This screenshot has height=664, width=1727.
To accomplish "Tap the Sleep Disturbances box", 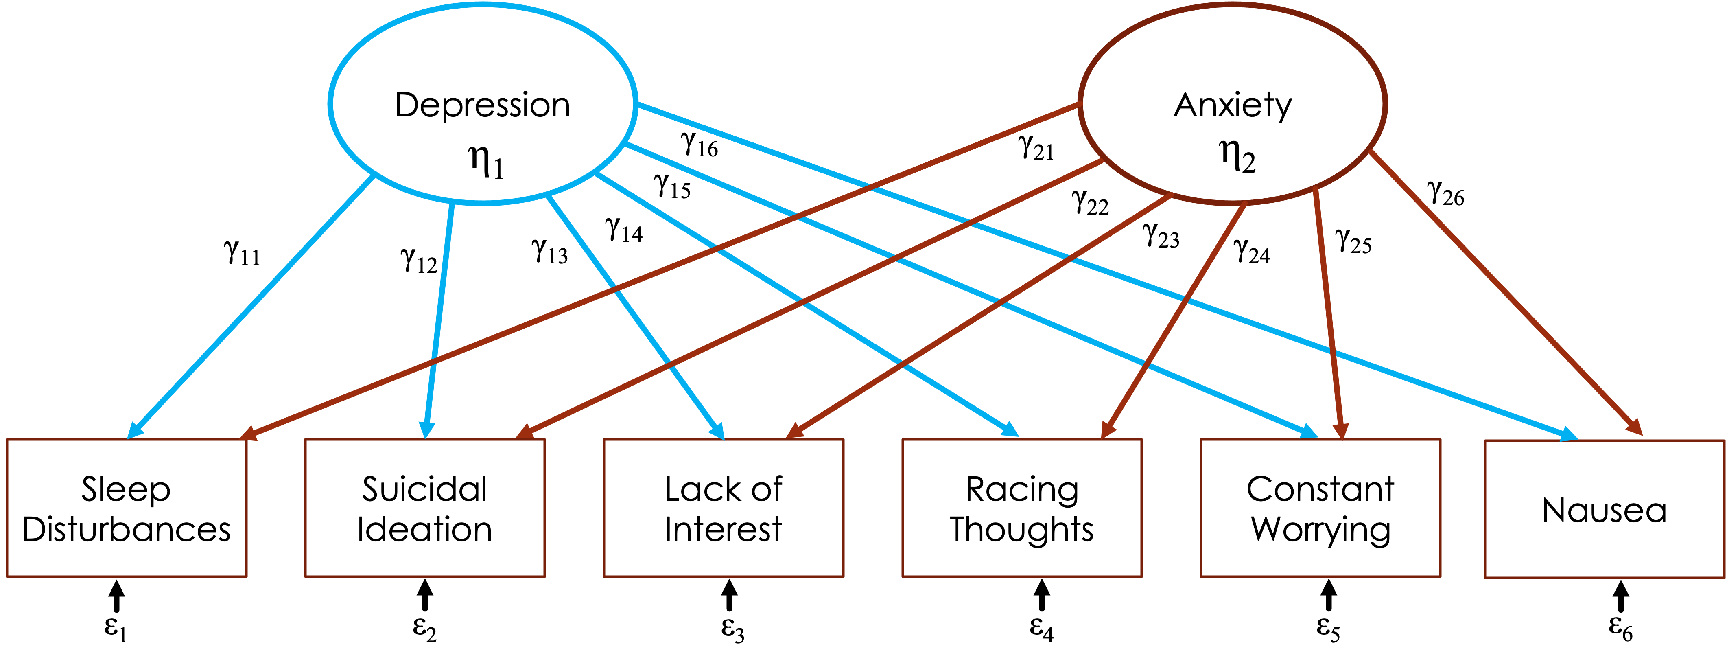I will tap(126, 508).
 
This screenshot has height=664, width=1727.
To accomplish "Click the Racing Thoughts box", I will tap(1022, 508).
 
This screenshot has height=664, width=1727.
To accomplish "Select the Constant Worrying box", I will tap(1320, 508).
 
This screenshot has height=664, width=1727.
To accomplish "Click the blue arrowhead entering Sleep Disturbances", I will tap(135, 431).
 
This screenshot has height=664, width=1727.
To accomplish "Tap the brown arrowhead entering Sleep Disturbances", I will tap(249, 434).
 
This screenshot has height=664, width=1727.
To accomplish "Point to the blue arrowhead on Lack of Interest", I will tap(717, 431).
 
